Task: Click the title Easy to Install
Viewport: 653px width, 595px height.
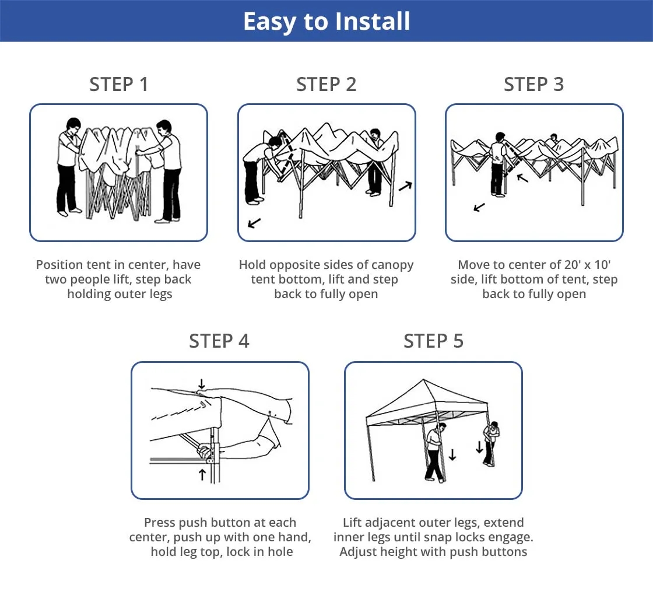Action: (x=326, y=22)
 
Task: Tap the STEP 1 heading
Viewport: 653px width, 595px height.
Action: (x=119, y=85)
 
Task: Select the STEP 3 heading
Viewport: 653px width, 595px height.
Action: (x=533, y=85)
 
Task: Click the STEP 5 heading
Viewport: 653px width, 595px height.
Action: (x=433, y=341)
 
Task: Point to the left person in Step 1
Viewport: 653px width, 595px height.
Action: (x=68, y=166)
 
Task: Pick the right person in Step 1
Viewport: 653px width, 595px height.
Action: (x=168, y=169)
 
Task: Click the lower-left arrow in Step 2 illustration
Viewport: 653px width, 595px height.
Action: (x=254, y=223)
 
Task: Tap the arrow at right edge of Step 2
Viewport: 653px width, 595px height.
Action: (x=405, y=186)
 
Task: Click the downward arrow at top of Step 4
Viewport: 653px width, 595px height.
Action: (x=202, y=384)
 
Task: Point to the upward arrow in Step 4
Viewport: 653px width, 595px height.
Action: (x=202, y=474)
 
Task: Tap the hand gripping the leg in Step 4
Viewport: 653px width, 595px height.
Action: (x=205, y=451)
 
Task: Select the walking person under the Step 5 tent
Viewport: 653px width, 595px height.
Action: (x=434, y=452)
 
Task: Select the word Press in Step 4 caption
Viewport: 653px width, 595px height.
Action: (x=159, y=523)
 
